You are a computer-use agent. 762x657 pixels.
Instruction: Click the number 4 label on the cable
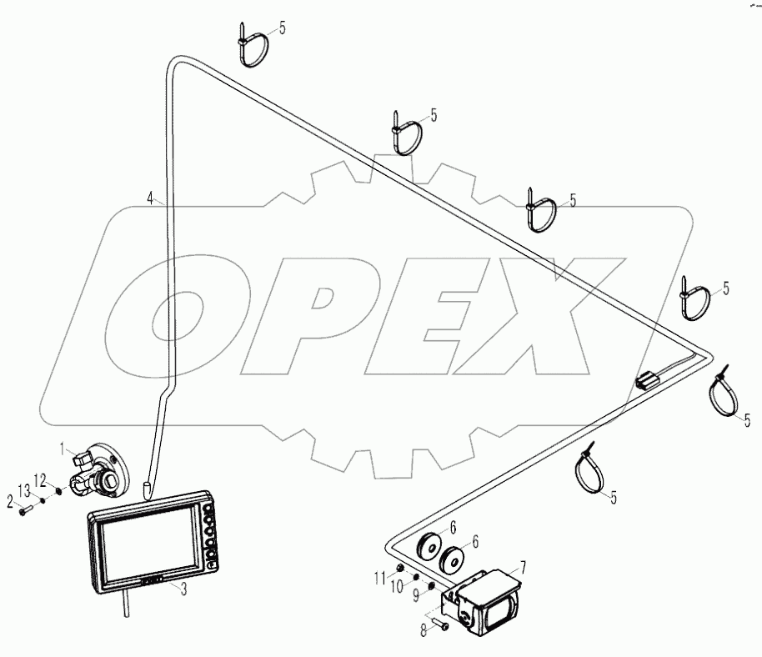pyautogui.click(x=150, y=198)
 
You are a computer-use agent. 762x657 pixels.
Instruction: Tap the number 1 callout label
pyautogui.click(x=62, y=449)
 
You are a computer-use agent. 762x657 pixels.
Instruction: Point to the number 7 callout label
pyautogui.click(x=524, y=567)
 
